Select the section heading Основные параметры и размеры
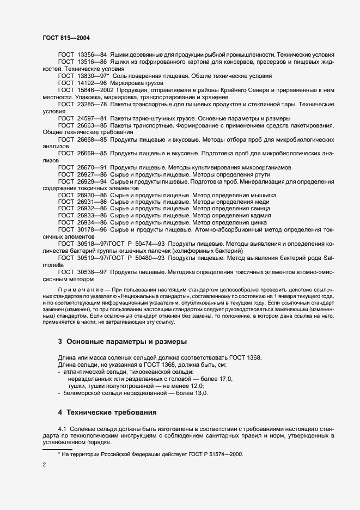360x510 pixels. click(122, 342)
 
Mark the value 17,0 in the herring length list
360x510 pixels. click(224, 379)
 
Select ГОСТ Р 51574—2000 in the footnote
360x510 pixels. click(218, 454)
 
